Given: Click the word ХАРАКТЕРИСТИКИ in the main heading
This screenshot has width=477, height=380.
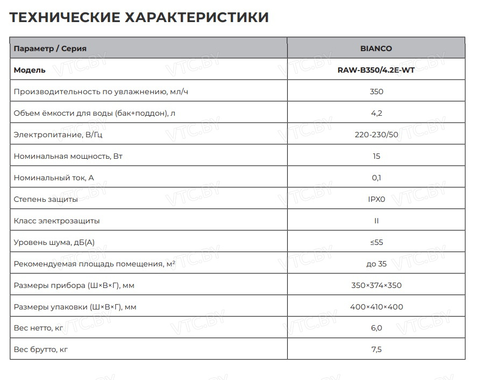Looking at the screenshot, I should click(x=197, y=17).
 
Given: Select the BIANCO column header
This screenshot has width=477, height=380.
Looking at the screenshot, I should click(x=376, y=48).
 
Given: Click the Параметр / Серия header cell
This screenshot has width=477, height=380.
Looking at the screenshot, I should click(x=50, y=48).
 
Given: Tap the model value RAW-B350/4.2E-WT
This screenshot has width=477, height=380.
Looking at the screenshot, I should click(x=376, y=70).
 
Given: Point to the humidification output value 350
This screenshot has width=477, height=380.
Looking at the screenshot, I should click(x=376, y=92).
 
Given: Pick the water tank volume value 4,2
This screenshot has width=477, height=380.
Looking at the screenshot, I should click(x=376, y=113).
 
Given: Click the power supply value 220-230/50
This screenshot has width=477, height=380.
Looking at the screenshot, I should click(x=376, y=135).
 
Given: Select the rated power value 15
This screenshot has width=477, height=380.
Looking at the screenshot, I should click(x=376, y=156).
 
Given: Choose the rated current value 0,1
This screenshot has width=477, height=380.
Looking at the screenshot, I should click(x=376, y=178).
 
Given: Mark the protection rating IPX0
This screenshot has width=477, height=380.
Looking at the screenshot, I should click(x=376, y=199).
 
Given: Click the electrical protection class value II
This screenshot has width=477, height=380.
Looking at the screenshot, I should click(x=376, y=221).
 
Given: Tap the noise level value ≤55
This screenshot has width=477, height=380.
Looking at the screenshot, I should click(x=376, y=242).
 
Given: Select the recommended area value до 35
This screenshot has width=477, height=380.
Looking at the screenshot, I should click(x=376, y=264).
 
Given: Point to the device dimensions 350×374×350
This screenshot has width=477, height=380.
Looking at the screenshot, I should click(x=376, y=285).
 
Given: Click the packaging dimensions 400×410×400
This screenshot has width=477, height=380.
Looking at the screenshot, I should click(x=376, y=307).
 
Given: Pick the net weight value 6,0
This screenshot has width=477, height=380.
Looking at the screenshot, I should click(x=376, y=328).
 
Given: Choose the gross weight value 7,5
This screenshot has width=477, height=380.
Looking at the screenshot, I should click(x=376, y=350).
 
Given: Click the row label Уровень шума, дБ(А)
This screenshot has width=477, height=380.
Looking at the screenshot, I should click(x=58, y=242).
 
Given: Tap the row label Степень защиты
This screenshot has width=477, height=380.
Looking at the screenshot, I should click(x=46, y=199).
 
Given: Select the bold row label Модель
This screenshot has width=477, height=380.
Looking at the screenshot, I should click(x=30, y=70).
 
